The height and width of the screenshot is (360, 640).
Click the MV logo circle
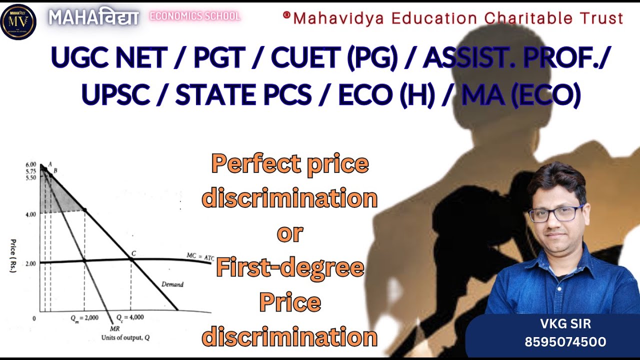[18, 21]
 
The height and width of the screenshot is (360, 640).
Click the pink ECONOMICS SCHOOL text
[195, 16]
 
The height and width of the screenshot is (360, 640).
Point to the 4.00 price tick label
[29, 214]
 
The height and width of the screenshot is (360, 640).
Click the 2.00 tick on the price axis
[29, 263]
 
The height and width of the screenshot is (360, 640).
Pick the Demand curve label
[172, 284]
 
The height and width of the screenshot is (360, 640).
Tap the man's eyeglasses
[556, 213]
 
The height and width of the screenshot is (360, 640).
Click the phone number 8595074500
[565, 342]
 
